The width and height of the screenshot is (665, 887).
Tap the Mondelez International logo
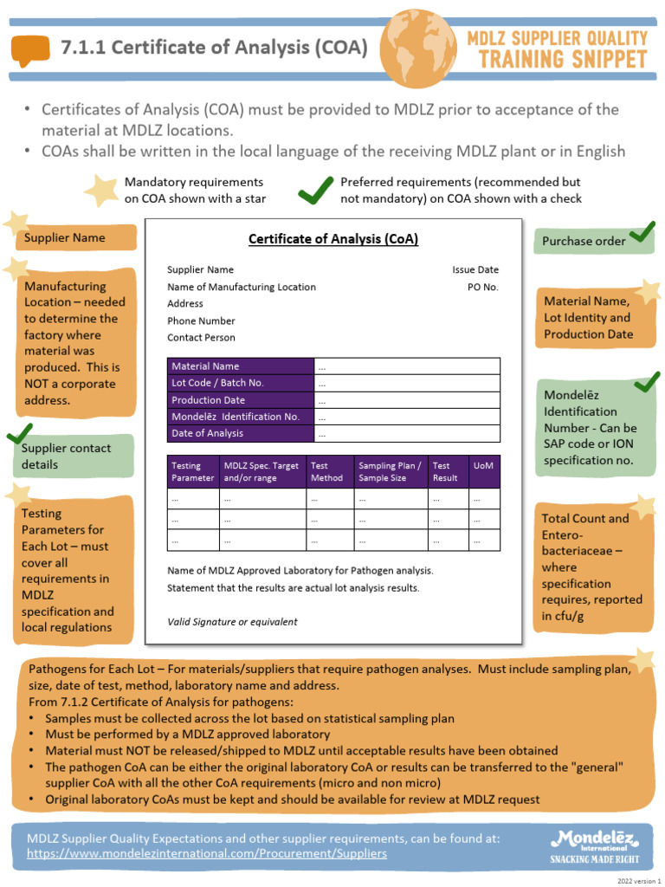pyautogui.click(x=595, y=845)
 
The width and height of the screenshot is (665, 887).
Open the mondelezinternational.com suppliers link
pyautogui.click(x=207, y=853)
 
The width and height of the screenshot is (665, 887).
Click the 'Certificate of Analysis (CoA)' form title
pyautogui.click(x=333, y=238)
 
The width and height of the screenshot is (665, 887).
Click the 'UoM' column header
pyautogui.click(x=484, y=466)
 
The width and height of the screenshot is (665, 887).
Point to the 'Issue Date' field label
pyautogui.click(x=475, y=269)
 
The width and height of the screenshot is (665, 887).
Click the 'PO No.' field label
pyautogui.click(x=483, y=287)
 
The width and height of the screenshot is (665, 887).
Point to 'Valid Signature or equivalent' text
pyautogui.click(x=232, y=621)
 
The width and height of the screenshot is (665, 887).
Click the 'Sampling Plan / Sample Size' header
pyautogui.click(x=391, y=471)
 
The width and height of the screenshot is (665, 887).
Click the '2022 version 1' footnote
pyautogui.click(x=638, y=880)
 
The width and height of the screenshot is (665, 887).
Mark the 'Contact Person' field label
pyautogui.click(x=201, y=338)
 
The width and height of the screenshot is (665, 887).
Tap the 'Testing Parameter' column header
pyautogui.click(x=192, y=471)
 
